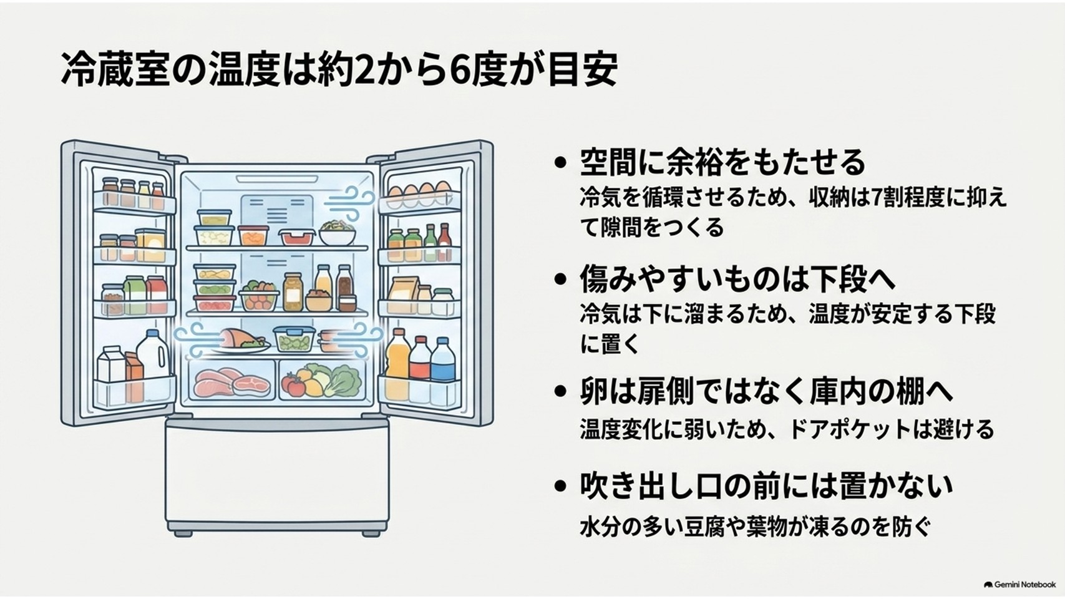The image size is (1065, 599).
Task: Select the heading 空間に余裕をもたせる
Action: click(722, 162)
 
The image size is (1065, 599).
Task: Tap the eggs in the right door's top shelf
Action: click(419, 191)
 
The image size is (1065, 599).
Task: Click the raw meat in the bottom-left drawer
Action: click(232, 382)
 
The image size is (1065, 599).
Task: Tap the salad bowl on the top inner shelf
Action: click(337, 233)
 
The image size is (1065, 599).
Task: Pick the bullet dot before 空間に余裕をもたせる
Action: click(561, 163)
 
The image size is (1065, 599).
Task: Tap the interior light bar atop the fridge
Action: click(277, 179)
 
